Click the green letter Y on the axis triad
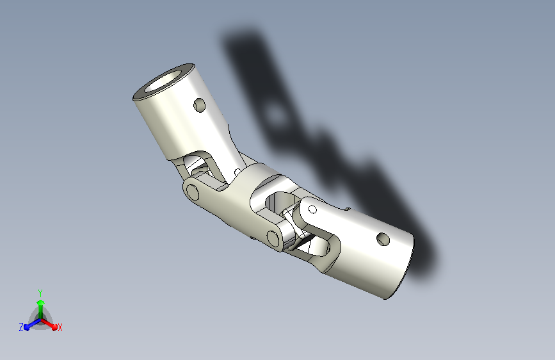point(40,293)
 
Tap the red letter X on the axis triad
point(60,328)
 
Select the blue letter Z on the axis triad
point(21,327)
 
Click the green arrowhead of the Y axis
point(41,302)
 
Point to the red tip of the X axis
point(54,327)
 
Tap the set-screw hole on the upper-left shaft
point(200,106)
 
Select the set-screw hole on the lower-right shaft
point(383,240)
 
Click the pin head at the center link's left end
point(193,192)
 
